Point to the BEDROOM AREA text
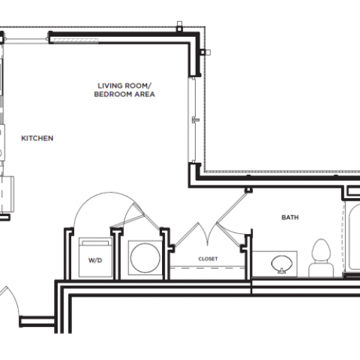127,94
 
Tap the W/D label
94,261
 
